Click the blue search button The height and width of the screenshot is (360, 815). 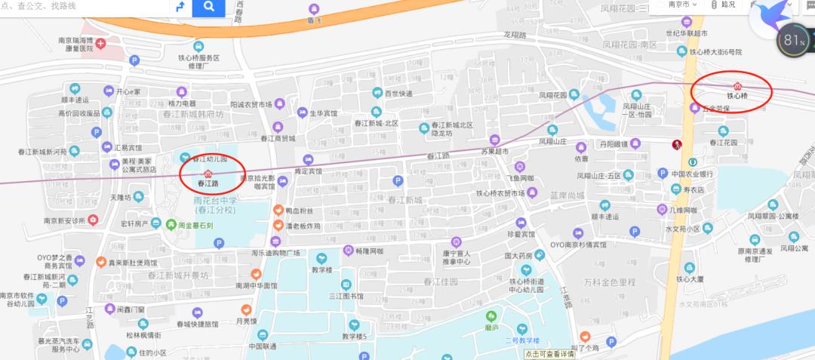point(208,8)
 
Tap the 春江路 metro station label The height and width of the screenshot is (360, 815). point(208,183)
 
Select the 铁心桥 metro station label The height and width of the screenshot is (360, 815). point(737,96)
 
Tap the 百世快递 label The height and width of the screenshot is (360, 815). point(398,94)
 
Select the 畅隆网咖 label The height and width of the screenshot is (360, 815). point(369,251)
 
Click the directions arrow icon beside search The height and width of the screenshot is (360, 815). point(180,8)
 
